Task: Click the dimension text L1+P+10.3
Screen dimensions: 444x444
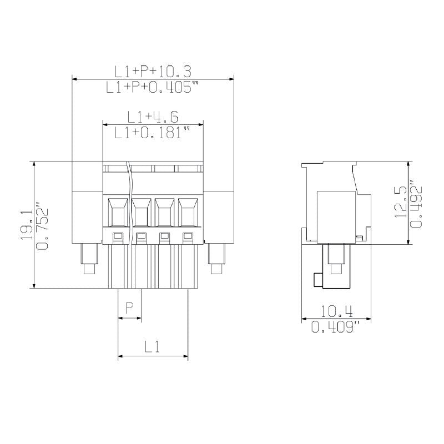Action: coord(153,71)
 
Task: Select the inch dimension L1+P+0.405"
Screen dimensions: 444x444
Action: coord(153,87)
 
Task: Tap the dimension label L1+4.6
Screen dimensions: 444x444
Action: coord(153,117)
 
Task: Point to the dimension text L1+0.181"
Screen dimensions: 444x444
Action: coord(153,133)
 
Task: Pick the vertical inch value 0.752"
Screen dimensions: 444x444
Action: coord(42,225)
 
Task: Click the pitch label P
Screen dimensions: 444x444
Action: coord(130,307)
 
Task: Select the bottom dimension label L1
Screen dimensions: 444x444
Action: coord(153,347)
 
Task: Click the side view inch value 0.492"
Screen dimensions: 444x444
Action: coord(416,203)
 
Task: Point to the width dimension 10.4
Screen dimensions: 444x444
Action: coord(336,311)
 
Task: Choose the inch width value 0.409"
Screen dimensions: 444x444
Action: coord(336,327)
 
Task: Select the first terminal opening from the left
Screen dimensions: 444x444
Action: coord(118,211)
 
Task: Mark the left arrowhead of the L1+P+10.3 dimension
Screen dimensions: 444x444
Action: coord(75,79)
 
